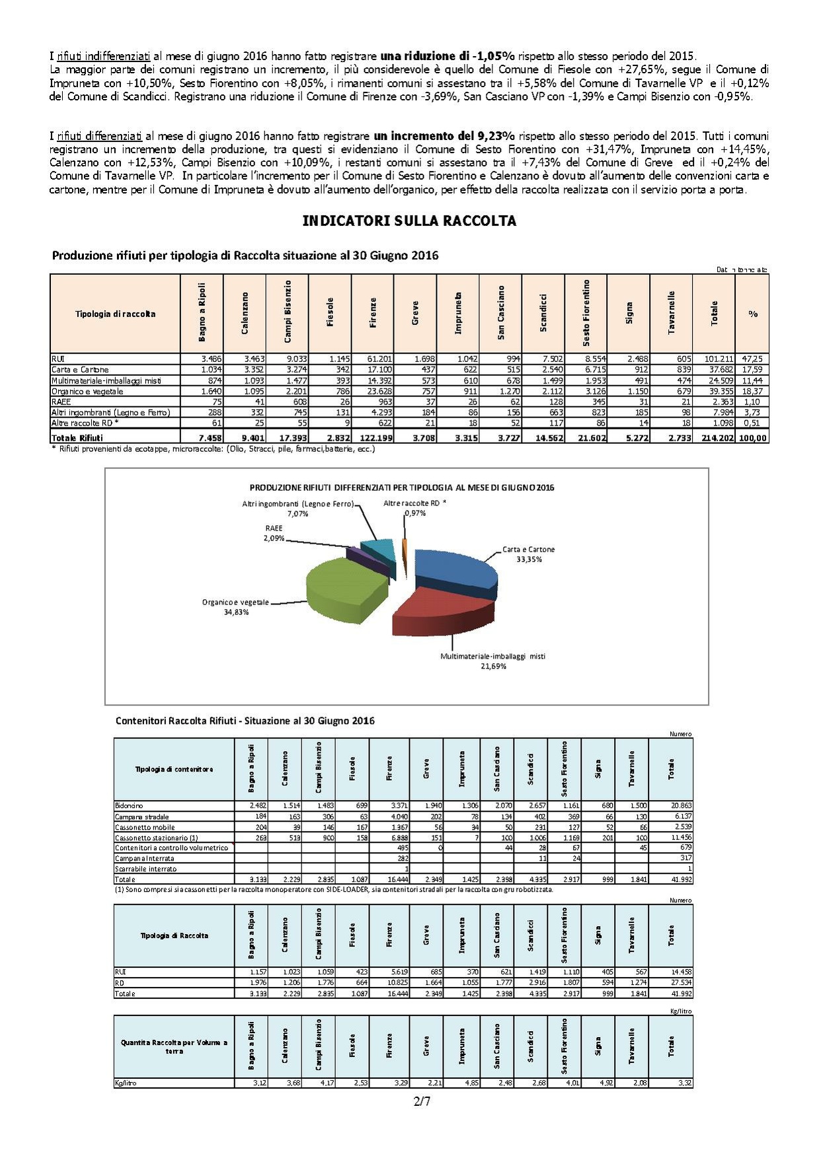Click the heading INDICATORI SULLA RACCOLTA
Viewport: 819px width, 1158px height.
pyautogui.click(x=409, y=221)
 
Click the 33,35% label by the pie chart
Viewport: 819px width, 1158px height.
pyautogui.click(x=529, y=559)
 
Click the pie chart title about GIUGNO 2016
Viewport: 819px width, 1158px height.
pyautogui.click(x=401, y=488)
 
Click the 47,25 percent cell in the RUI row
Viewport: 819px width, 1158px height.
pyautogui.click(x=752, y=359)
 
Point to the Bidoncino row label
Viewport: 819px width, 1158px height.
pyautogui.click(x=129, y=806)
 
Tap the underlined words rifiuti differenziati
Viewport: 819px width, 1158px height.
pyautogui.click(x=99, y=136)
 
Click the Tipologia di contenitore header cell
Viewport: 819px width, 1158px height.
pyautogui.click(x=174, y=769)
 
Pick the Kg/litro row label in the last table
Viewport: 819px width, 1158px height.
pyautogui.click(x=126, y=1083)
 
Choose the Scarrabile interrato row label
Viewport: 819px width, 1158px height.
pyautogui.click(x=146, y=869)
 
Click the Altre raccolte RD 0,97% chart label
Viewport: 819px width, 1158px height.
pyautogui.click(x=414, y=507)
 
